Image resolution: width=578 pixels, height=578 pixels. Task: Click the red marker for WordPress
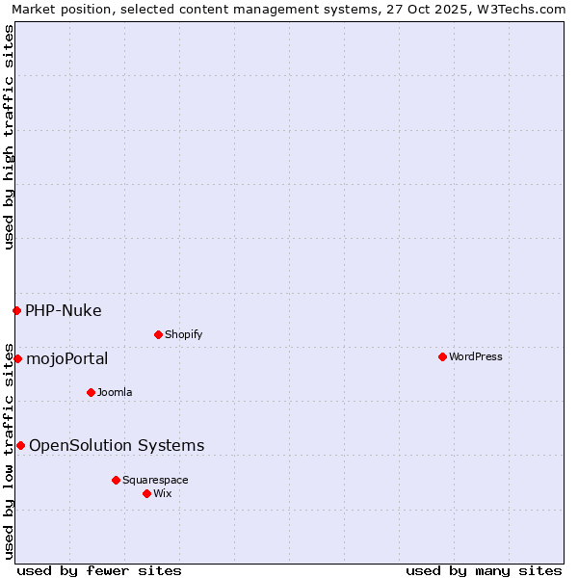point(442,356)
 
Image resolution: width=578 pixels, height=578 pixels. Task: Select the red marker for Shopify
point(158,334)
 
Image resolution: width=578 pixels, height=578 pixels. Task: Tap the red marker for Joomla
point(91,392)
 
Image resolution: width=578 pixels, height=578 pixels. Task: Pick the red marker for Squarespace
point(116,480)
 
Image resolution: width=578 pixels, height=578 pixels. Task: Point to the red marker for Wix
point(146,493)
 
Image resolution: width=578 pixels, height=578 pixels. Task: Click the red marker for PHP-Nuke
point(16,310)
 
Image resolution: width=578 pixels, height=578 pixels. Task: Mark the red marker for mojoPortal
point(17,358)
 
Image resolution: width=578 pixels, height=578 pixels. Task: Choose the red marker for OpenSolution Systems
point(20,445)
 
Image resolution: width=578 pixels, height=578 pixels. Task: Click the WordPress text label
point(476,356)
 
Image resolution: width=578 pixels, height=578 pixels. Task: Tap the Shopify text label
point(183,334)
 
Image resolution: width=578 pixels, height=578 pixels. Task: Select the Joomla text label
point(115,392)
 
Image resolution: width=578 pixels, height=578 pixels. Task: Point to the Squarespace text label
point(155,480)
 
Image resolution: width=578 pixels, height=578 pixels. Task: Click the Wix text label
point(162,493)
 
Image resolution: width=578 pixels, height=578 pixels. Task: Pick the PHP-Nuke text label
point(64,310)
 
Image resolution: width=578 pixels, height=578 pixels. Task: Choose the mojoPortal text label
point(67,358)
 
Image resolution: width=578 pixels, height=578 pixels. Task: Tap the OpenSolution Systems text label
point(117,445)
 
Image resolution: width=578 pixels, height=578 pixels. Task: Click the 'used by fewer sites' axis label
point(99,570)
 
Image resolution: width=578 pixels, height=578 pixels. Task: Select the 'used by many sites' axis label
point(484,570)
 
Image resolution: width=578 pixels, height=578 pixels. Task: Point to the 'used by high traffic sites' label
point(9,137)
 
